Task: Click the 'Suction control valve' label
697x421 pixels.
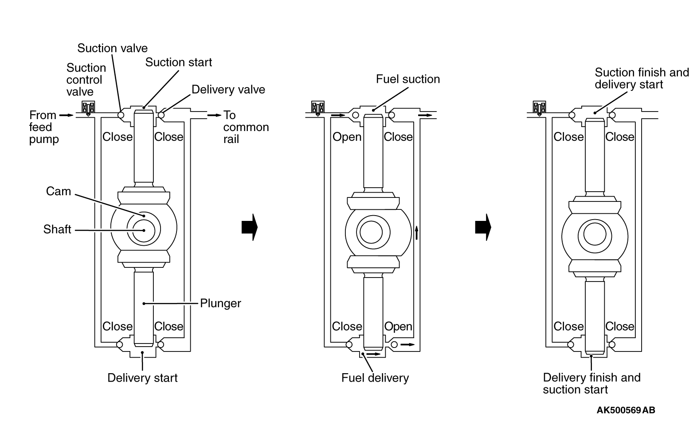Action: click(86, 80)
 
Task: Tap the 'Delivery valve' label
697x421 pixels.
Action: click(228, 89)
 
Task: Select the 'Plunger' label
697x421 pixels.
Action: click(220, 304)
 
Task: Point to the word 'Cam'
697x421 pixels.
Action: click(59, 191)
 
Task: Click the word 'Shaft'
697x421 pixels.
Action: click(57, 229)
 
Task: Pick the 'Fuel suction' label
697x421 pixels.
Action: click(408, 79)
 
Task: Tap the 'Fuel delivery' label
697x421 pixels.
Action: click(375, 378)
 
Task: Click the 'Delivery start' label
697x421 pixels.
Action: click(142, 378)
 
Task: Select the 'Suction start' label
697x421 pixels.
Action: click(179, 62)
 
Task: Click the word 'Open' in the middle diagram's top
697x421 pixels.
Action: click(347, 137)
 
